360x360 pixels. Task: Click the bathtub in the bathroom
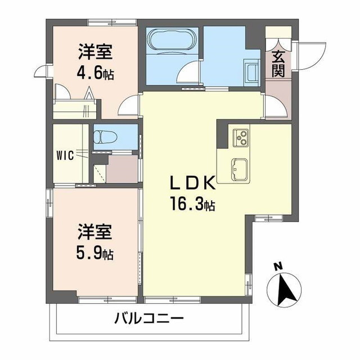[x=170, y=40]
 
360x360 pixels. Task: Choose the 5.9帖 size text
[x=94, y=253]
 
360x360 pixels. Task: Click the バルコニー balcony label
[x=149, y=319]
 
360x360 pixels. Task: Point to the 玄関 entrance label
[x=278, y=63]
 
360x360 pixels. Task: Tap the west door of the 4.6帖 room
[x=44, y=72]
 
